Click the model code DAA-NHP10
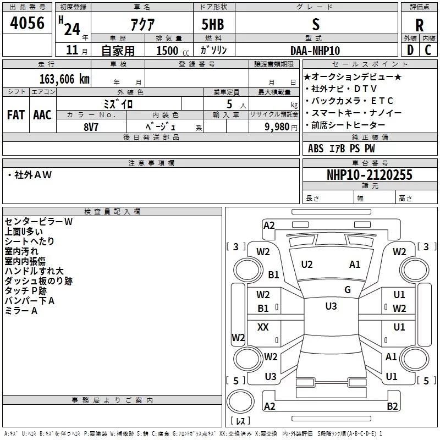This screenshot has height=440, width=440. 315,51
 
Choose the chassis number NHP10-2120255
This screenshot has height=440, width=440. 370,175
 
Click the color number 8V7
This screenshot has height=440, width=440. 91,125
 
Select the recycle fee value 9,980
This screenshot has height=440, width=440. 277,127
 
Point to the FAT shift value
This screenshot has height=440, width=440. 15,115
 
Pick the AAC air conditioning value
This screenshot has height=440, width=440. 42,115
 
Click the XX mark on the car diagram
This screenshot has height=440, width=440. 263,327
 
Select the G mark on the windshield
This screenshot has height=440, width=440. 348,289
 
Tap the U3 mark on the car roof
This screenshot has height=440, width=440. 331,306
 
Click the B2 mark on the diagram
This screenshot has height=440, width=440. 392,406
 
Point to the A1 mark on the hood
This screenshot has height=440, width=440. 355,265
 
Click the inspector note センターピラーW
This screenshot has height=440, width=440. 38,222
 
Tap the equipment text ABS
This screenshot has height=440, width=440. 316,148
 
